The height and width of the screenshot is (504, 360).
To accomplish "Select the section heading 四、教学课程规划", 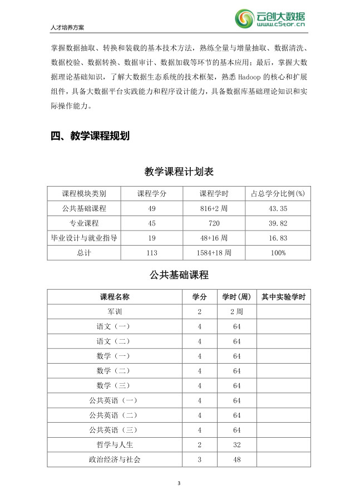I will click(x=90, y=136).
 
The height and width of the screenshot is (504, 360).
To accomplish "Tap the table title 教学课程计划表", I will click(x=179, y=172).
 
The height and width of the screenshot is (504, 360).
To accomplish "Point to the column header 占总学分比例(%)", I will click(x=278, y=193).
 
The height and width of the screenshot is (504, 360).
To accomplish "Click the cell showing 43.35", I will click(x=278, y=208).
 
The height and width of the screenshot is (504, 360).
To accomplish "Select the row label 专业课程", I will click(x=84, y=223).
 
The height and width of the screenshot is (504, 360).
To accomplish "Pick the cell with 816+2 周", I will click(x=214, y=208).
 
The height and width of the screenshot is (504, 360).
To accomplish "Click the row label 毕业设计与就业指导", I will click(x=84, y=238).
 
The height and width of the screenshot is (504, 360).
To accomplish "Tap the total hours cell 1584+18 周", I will click(x=214, y=253).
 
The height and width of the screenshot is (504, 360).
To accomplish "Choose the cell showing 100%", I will click(x=278, y=253).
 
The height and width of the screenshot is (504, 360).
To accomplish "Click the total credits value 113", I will click(x=152, y=253).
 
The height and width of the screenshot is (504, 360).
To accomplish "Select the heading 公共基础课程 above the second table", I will click(x=179, y=275).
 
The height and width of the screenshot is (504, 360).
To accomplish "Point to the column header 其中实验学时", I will click(x=283, y=297).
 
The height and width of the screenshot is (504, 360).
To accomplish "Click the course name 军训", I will click(x=115, y=312).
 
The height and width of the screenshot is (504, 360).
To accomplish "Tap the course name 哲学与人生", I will click(x=115, y=444).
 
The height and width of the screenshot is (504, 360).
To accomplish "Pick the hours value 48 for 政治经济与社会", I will click(x=236, y=459).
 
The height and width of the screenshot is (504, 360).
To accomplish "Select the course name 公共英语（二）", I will click(x=115, y=415).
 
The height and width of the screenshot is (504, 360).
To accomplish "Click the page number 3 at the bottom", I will click(x=179, y=483).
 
